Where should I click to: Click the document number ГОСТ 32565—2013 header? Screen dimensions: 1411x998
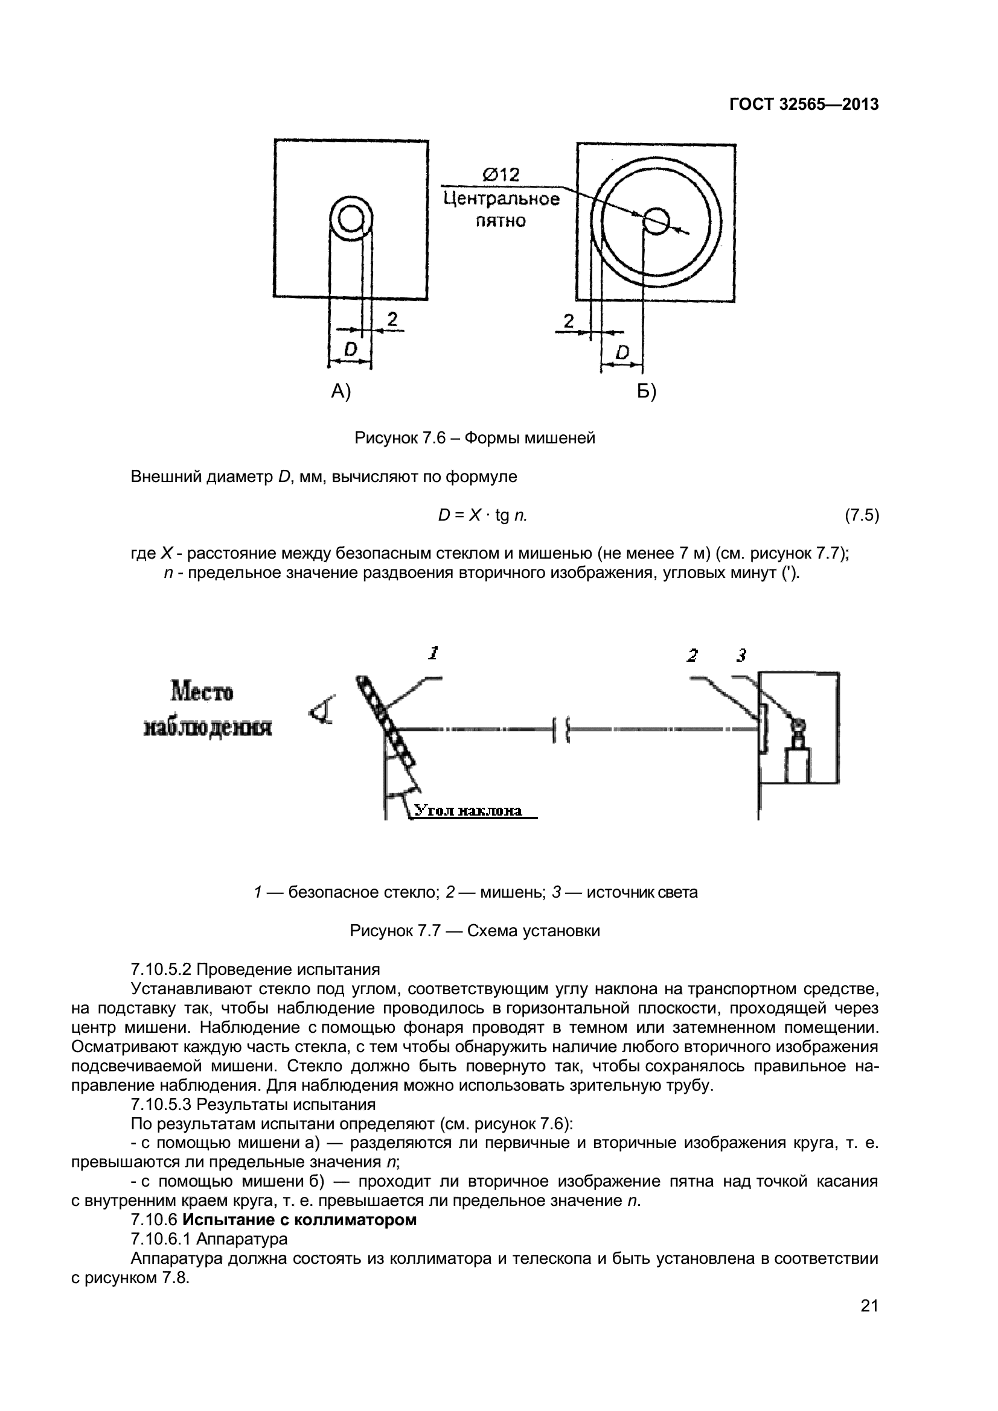pos(804,104)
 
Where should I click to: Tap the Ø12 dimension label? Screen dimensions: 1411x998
pos(501,175)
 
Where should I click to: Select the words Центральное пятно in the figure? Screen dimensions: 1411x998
pos(501,209)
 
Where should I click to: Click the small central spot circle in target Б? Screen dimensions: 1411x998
pos(656,221)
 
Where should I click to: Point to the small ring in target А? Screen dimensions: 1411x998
pos(351,220)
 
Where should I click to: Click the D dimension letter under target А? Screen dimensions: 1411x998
pos(351,350)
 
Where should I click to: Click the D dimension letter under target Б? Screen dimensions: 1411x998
pos(622,353)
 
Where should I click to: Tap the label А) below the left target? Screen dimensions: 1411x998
pos(341,391)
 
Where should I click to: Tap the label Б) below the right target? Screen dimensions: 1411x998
pos(646,391)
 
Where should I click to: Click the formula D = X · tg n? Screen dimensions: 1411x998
pos(483,516)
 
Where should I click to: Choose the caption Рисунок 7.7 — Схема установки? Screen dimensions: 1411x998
pos(475,931)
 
